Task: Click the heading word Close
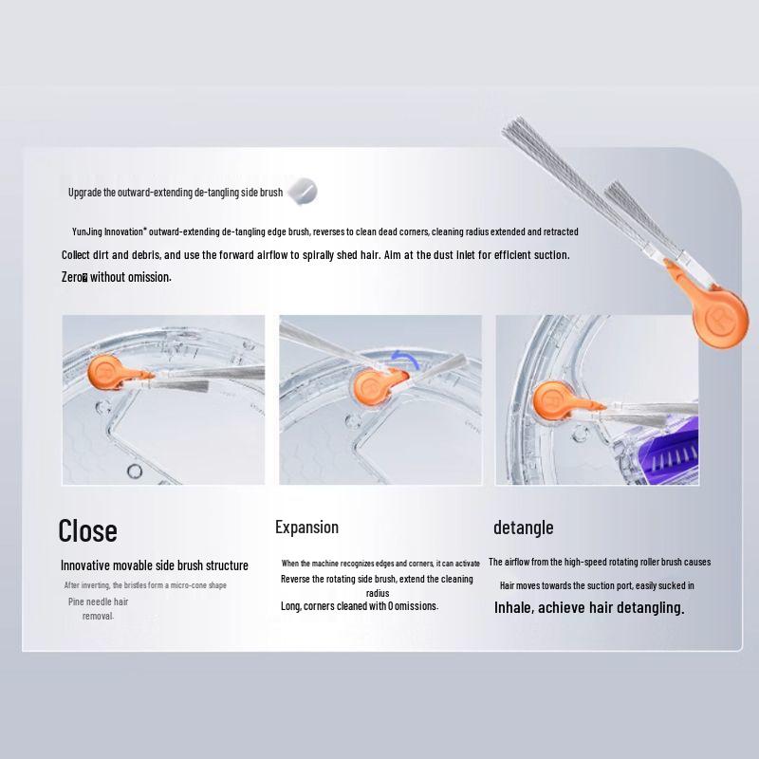[87, 530]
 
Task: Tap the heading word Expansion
[306, 528]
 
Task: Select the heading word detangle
[523, 528]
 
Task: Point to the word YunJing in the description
[88, 231]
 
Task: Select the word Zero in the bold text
[73, 277]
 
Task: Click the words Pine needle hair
[98, 602]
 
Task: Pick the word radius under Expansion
[378, 592]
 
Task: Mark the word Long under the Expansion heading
[290, 606]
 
